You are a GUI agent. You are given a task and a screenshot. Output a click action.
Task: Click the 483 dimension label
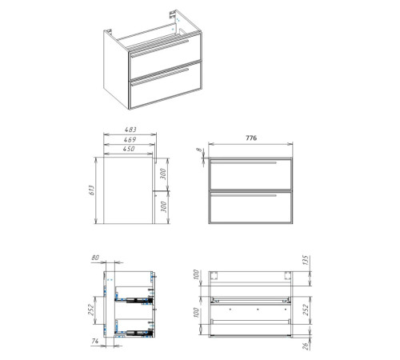point(130,130)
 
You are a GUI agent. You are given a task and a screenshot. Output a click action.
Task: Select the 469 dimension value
point(130,139)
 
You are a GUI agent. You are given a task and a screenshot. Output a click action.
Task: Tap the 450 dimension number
point(129,149)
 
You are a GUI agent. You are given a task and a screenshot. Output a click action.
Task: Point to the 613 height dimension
point(92,190)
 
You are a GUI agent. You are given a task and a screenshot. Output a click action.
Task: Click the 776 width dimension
point(251,138)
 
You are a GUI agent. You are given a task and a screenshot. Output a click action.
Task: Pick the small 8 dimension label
point(199,150)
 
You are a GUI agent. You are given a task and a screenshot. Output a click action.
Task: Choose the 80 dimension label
point(95,258)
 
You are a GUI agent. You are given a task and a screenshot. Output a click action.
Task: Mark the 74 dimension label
point(95,341)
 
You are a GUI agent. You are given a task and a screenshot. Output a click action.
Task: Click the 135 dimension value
point(306,260)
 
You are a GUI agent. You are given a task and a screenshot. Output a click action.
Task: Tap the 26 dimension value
point(306,346)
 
